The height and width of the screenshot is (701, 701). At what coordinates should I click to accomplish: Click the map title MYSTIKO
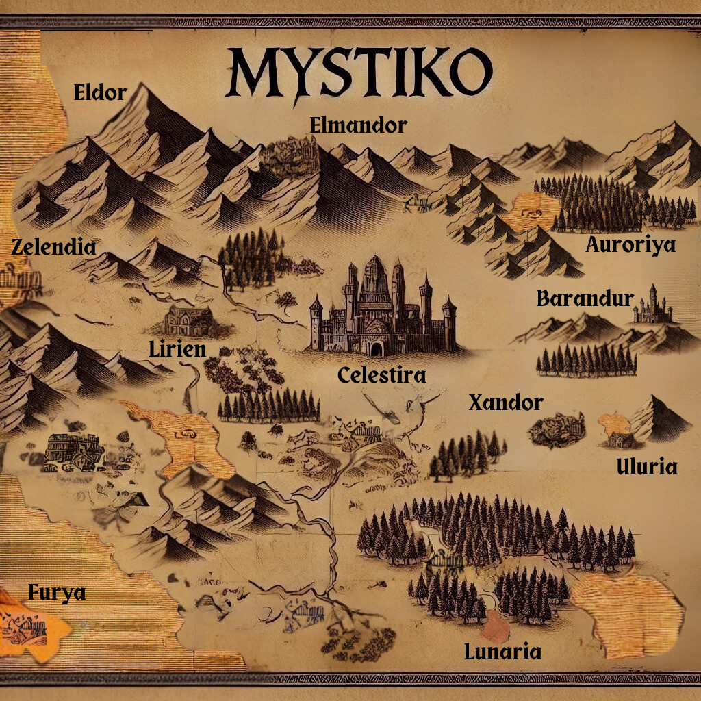pyautogui.click(x=359, y=73)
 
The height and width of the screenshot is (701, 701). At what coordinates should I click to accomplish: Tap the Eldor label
pyautogui.click(x=101, y=92)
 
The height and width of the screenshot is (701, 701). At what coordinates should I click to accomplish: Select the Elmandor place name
pyautogui.click(x=358, y=125)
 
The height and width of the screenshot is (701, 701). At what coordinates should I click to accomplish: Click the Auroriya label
pyautogui.click(x=630, y=244)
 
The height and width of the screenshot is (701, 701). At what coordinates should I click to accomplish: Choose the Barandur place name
pyautogui.click(x=585, y=299)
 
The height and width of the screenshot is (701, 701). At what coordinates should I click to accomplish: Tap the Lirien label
pyautogui.click(x=177, y=349)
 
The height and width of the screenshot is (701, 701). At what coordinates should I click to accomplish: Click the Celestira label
pyautogui.click(x=382, y=375)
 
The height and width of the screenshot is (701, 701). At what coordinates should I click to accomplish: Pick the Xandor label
pyautogui.click(x=505, y=403)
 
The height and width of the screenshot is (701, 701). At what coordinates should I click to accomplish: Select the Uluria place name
pyautogui.click(x=647, y=467)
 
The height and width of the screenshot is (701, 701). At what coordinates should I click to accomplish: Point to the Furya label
pyautogui.click(x=57, y=592)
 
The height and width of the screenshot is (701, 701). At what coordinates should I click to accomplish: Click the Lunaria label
pyautogui.click(x=502, y=652)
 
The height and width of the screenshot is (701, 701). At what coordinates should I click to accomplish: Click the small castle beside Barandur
pyautogui.click(x=652, y=306)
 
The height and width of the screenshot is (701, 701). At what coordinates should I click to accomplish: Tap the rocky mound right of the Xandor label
pyautogui.click(x=557, y=430)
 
